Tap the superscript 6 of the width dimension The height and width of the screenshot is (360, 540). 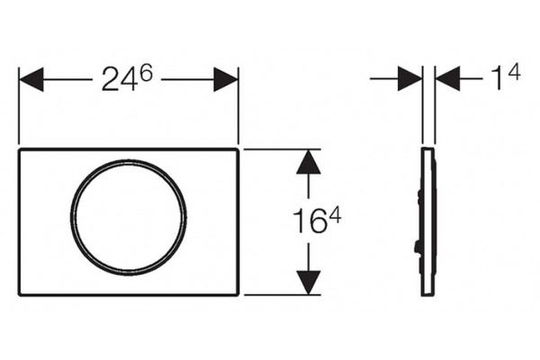(147, 75)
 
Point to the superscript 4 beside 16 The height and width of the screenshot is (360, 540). (334, 216)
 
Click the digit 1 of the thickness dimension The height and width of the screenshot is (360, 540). (496, 78)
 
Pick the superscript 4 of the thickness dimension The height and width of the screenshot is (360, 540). (514, 73)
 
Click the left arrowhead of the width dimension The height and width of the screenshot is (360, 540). (31, 79)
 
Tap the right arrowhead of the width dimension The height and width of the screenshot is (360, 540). (226, 79)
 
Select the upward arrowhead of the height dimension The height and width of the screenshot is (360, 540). (309, 162)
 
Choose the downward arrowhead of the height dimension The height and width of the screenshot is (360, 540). (309, 283)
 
